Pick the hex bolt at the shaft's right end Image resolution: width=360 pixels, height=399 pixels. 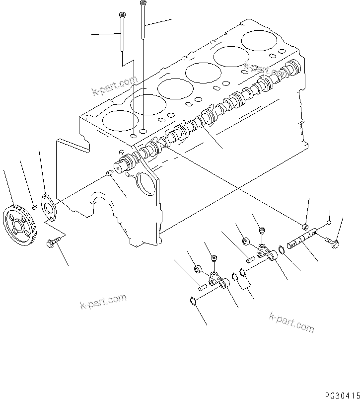click(332, 241)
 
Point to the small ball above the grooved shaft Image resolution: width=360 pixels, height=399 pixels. click(329, 223)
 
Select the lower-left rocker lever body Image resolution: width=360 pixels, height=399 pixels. click(218, 281)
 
